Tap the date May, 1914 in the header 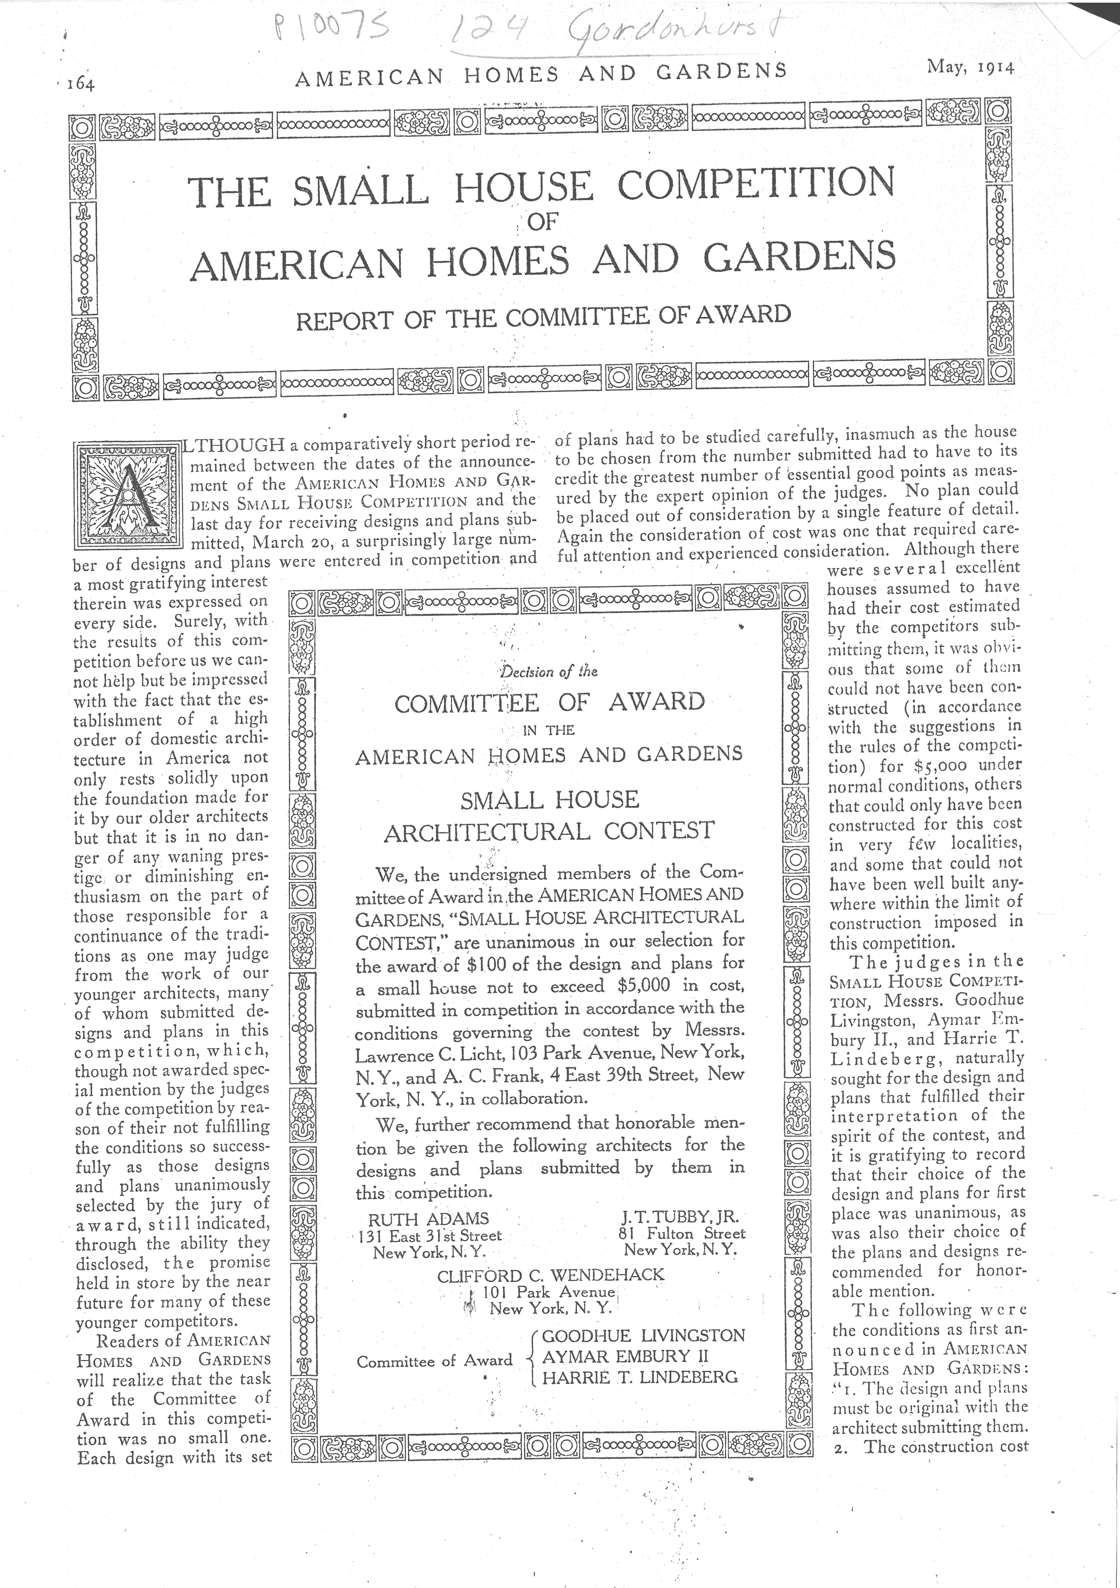[971, 69]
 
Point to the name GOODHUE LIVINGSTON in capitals [643, 1335]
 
